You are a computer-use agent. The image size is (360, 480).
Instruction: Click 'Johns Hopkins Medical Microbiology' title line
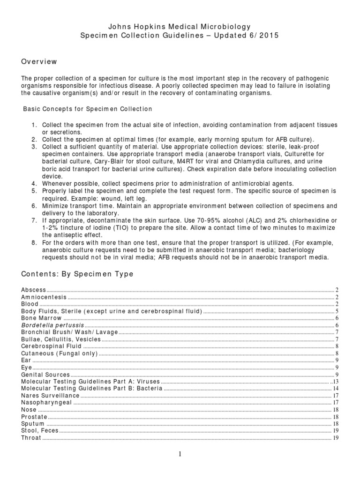180,27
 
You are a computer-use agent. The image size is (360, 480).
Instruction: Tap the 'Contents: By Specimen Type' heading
77,274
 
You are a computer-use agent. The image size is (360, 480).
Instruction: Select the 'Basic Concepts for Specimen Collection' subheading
88,109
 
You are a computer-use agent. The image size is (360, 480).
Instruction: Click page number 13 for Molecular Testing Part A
335,382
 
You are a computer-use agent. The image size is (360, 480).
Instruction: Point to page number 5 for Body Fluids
337,311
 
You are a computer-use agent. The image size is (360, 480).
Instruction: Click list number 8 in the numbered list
34,243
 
